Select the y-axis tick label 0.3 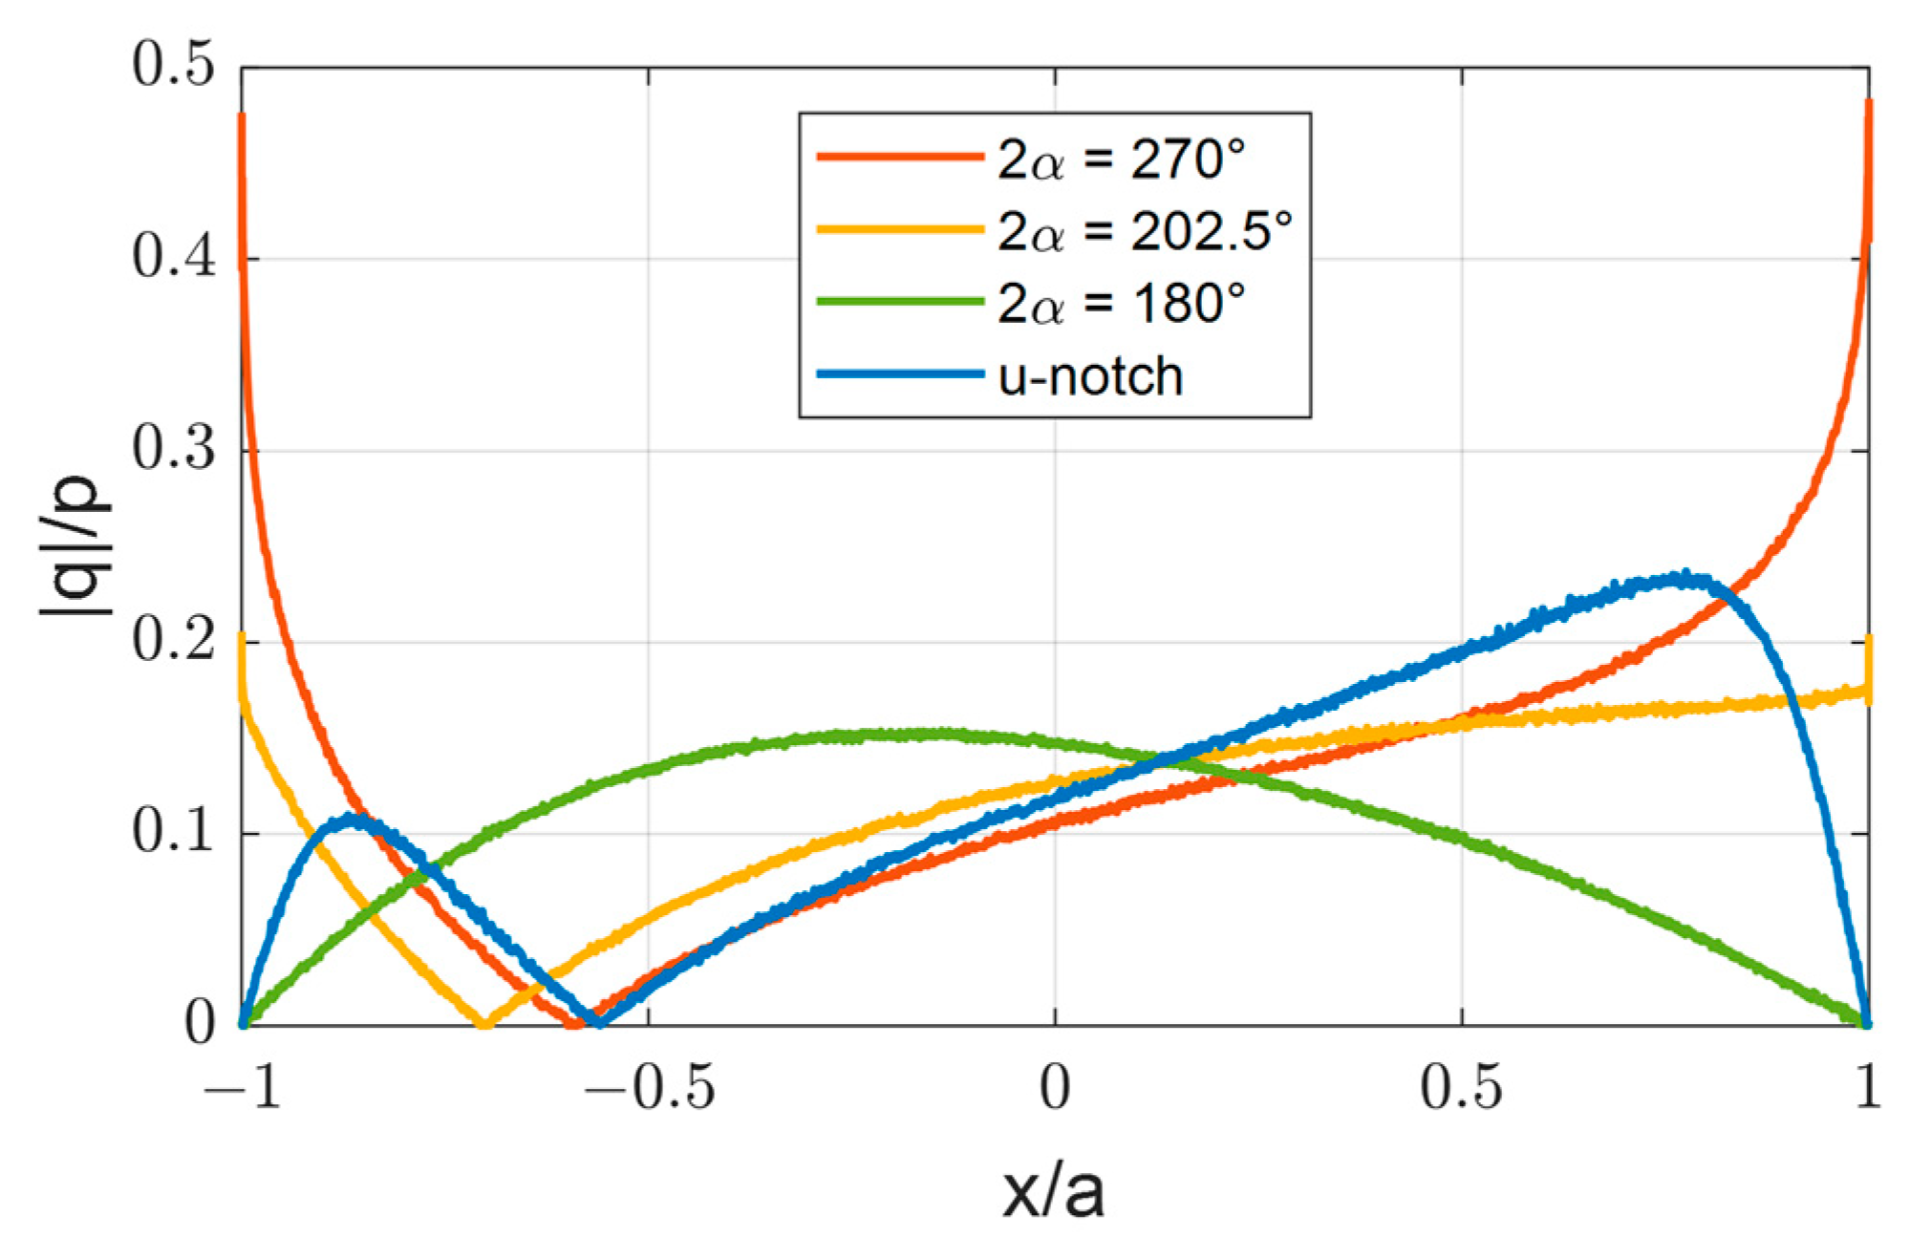click(x=173, y=450)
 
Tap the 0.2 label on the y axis click(x=173, y=641)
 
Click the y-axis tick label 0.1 click(x=173, y=833)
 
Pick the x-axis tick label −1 click(x=242, y=1088)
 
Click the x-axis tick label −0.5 click(x=650, y=1088)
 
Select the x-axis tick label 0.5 click(x=1461, y=1088)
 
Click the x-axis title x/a click(x=1054, y=1192)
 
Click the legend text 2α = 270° click(x=1122, y=159)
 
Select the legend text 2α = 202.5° click(x=1145, y=231)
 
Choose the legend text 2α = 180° click(x=1122, y=304)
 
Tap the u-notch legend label click(x=1090, y=376)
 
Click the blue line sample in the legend click(x=899, y=375)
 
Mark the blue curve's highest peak click(x=1684, y=577)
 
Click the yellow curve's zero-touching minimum click(x=483, y=1024)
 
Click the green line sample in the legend click(x=899, y=303)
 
